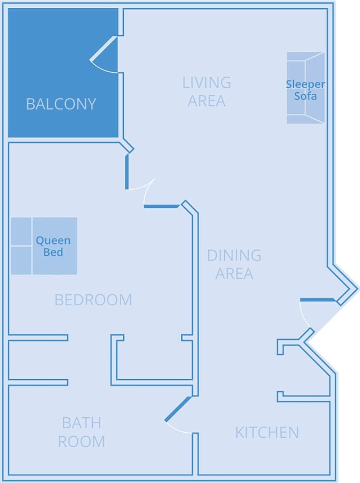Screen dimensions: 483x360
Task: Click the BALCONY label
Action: coord(61,104)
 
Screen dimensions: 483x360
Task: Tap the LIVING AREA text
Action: coord(206,92)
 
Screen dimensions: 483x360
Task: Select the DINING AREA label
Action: coord(234,264)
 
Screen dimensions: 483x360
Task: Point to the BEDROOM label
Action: coord(93,300)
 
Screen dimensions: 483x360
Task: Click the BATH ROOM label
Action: coord(82,432)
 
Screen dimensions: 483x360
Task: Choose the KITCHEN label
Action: coord(267,432)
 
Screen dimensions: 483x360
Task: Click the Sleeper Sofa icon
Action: coord(305,88)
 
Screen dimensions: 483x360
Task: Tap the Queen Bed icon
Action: coord(44,246)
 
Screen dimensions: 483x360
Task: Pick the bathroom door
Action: coord(178,409)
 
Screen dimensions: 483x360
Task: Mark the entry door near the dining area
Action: coord(317,300)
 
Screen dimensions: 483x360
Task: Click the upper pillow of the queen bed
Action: coord(21,231)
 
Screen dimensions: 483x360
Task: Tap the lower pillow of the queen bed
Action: coord(21,260)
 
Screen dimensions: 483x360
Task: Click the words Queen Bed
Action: coord(53,246)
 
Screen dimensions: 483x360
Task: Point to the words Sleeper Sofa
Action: coord(305,90)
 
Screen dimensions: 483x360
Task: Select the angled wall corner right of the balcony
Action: coord(128,146)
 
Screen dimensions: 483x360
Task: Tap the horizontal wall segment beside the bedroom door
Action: coord(162,207)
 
